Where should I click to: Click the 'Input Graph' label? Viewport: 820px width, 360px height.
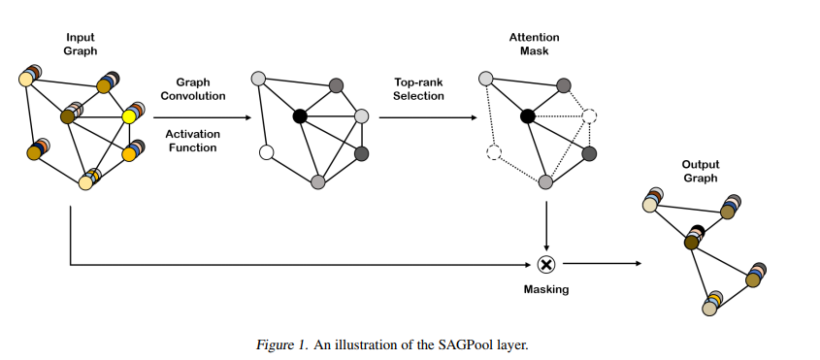(81, 44)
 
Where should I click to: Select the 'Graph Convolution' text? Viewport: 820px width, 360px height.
(200, 89)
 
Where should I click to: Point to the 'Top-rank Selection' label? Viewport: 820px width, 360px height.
(418, 89)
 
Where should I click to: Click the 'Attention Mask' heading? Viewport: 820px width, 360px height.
(534, 44)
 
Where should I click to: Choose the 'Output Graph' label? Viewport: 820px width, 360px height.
(699, 172)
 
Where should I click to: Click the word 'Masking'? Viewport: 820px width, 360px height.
(545, 289)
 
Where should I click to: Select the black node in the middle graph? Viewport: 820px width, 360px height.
(300, 116)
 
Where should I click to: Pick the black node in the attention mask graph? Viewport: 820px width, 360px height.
(527, 116)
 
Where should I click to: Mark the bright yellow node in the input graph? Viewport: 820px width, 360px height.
(128, 117)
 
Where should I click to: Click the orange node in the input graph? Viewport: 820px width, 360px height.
(128, 153)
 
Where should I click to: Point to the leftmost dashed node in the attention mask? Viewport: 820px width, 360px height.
(492, 152)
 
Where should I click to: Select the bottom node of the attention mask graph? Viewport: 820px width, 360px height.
(546, 181)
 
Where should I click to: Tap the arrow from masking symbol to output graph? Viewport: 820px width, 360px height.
(602, 263)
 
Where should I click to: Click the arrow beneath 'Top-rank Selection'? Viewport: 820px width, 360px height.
(427, 117)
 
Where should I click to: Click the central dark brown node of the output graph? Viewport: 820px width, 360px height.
(693, 240)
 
